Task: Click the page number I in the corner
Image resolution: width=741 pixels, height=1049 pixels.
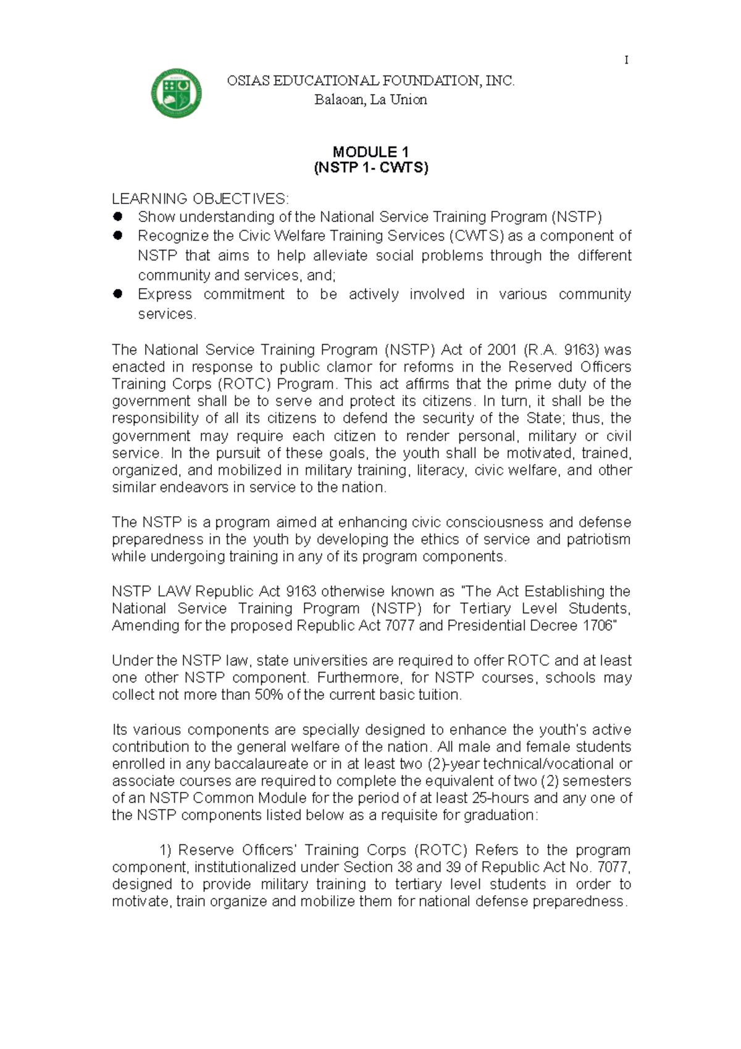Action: click(627, 60)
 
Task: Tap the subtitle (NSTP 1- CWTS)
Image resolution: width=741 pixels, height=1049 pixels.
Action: click(371, 168)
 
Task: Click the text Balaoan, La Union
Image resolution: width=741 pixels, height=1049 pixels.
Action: click(371, 100)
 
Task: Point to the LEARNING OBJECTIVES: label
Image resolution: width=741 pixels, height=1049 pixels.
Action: click(199, 198)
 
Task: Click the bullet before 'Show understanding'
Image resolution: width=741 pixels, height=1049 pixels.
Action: click(118, 216)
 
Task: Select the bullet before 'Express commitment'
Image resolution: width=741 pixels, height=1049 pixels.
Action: click(118, 294)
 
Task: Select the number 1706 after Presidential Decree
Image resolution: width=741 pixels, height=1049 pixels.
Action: click(597, 625)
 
